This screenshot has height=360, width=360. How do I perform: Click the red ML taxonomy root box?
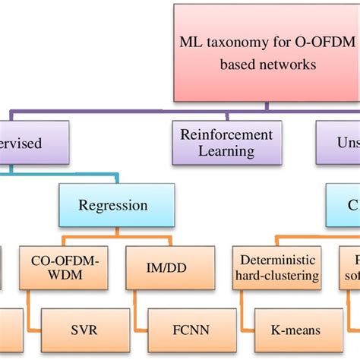tap(266, 53)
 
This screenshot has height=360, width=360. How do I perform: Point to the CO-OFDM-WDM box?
tap(58, 268)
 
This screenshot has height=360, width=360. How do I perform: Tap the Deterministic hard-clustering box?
tap(275, 268)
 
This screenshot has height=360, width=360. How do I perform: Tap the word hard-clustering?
tap(275, 276)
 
